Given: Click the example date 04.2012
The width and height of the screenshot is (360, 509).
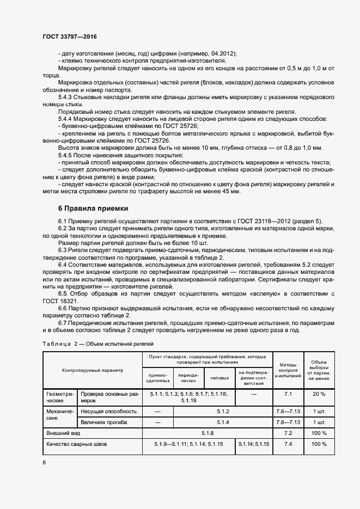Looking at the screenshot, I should click(x=222, y=53).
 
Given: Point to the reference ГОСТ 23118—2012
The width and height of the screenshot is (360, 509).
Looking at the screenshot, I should click(x=264, y=220).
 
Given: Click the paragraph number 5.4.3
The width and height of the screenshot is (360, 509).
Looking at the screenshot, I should click(x=67, y=96).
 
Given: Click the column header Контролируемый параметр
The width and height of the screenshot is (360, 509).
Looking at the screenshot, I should click(x=93, y=370).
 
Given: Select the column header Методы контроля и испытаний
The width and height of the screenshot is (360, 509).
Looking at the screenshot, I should click(x=288, y=370).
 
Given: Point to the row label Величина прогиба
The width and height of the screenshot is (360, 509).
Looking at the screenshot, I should click(x=103, y=422).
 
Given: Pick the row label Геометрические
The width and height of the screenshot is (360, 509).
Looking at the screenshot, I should click(x=59, y=396).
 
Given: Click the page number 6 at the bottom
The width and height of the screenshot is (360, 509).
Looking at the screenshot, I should click(x=44, y=462).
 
